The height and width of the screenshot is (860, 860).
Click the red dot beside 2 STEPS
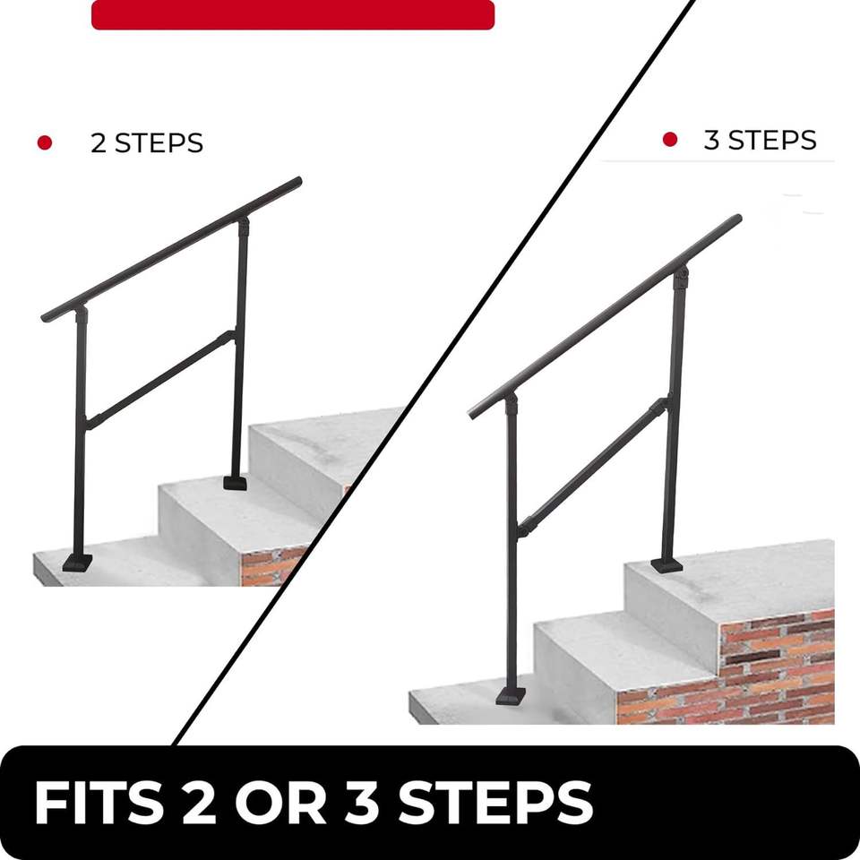tap(45, 142)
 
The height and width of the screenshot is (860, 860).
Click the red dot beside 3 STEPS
tap(670, 140)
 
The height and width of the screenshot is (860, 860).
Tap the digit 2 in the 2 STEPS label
tap(99, 143)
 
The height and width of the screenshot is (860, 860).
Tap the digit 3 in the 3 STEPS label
tap(711, 140)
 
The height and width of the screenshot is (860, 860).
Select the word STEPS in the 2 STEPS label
tap(159, 143)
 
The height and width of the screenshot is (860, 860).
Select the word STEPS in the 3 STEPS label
tap(772, 140)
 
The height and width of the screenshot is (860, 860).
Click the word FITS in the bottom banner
tap(99, 803)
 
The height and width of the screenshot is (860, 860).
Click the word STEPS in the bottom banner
tap(495, 803)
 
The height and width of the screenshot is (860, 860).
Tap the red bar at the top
tap(293, 15)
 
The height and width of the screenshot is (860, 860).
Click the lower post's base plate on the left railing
tap(77, 563)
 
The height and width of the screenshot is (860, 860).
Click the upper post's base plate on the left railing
tap(235, 483)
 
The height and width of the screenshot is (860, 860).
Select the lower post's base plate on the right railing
tap(511, 696)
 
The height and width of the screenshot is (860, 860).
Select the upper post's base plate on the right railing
tap(666, 565)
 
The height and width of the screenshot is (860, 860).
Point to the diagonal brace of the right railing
tap(593, 467)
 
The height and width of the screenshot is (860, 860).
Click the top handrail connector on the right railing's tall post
tap(681, 278)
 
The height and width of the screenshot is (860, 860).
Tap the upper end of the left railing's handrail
tap(297, 182)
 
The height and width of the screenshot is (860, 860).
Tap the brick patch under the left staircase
tap(271, 565)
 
